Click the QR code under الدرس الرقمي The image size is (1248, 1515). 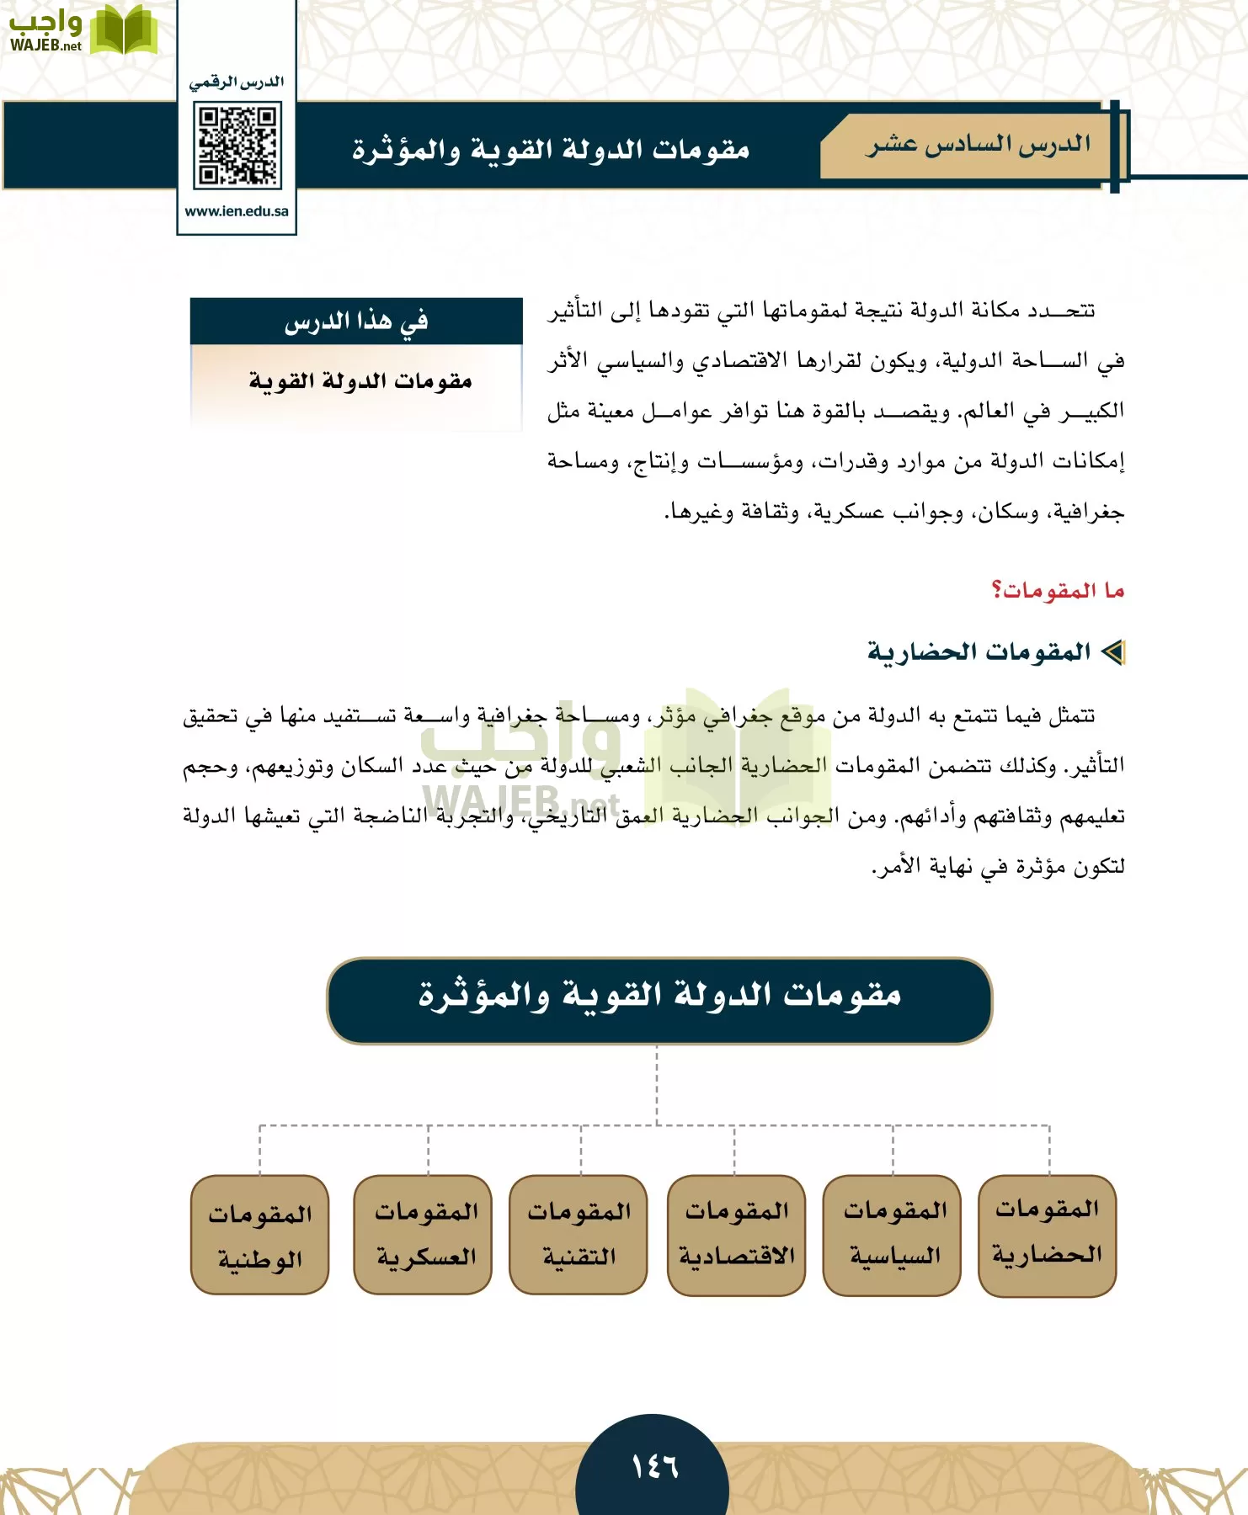pos(237,146)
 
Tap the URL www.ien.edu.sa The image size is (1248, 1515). pos(237,211)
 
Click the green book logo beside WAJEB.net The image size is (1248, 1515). pos(123,30)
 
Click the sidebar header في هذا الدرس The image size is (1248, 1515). pos(356,321)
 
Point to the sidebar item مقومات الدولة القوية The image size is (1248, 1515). pos(360,381)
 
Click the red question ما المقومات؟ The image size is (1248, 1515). pos(1058,590)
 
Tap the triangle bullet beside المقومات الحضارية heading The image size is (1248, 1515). pos(1113,652)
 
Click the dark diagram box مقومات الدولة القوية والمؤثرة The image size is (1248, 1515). pos(659,999)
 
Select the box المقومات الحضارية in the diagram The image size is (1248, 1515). pos(1047,1234)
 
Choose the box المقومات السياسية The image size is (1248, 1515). pos(893,1234)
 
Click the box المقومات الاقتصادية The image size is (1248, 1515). pos(737,1234)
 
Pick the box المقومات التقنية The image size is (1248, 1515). pos(579,1234)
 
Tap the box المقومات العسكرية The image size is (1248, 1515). pos(424,1234)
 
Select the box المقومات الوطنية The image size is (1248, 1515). pos(260,1235)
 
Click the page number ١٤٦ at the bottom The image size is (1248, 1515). pos(654,1467)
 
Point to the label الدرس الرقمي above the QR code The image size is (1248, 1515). pos(237,82)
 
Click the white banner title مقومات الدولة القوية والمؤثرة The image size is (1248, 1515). pos(551,150)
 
